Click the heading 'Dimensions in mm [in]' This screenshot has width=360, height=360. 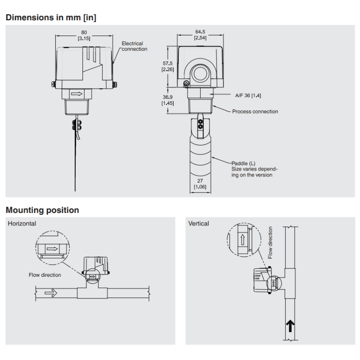pos(51,18)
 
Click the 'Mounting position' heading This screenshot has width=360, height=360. pos(42,210)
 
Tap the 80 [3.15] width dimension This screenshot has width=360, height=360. pos(84,36)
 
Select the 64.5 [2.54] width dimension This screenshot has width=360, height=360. pos(200,35)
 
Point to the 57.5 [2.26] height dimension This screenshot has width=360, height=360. pos(168,66)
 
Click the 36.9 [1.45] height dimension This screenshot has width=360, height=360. pos(168,100)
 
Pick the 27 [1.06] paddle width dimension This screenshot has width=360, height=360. pos(200,184)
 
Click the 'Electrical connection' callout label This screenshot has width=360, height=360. pos(134,46)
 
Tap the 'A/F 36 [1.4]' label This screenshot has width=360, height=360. pos(248,95)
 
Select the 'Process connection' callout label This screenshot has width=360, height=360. pos(255,112)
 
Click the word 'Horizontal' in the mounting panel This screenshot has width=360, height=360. pos(22,223)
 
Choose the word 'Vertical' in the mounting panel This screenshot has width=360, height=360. pos(198,223)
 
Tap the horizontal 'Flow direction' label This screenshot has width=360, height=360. pos(45,274)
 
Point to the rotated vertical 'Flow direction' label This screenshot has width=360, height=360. pos(270,243)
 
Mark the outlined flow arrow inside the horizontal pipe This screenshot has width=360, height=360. pos(51,293)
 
